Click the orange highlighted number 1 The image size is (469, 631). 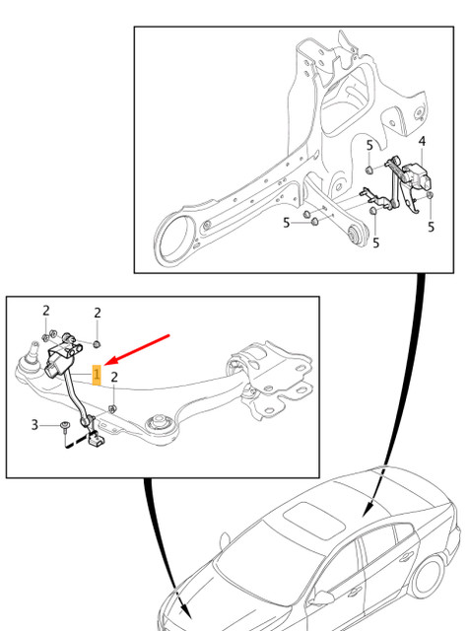point(96,375)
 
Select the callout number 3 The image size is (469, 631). point(34,425)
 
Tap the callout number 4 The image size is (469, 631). point(422,141)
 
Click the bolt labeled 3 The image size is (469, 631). point(62,426)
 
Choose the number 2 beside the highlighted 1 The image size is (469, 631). point(114,377)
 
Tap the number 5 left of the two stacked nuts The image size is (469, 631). point(287,223)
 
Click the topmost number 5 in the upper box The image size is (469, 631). point(369,145)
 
